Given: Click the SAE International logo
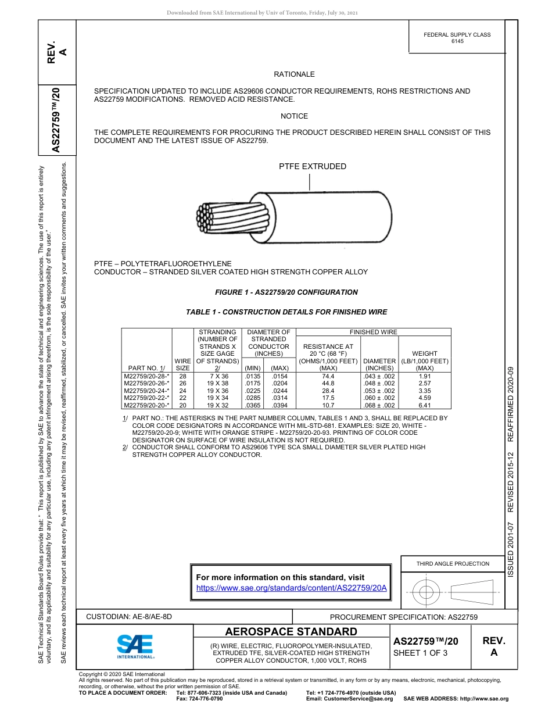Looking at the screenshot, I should tap(135, 646).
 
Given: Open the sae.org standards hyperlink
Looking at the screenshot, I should tap(292, 588).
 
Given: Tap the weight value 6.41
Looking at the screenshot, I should tap(425, 405).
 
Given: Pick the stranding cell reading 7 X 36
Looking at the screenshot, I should tap(217, 377).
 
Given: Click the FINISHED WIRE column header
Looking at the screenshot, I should tap(373, 332).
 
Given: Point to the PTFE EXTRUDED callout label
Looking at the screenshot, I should tap(312, 167).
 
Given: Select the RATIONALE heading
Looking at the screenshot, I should tap(294, 74).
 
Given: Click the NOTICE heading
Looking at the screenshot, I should tap(294, 116).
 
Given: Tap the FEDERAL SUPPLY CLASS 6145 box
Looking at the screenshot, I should tap(457, 38).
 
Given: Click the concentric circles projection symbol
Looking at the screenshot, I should tap(426, 592).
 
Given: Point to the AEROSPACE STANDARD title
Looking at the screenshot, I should tap(291, 632).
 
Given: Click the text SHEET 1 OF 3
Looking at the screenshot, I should tap(420, 653).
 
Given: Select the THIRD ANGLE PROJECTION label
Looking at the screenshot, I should tap(453, 563).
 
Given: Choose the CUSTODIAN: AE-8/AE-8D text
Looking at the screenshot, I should tap(129, 616).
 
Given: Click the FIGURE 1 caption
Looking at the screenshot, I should tap(286, 292).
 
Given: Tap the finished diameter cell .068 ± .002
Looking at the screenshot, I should tap(380, 405).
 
